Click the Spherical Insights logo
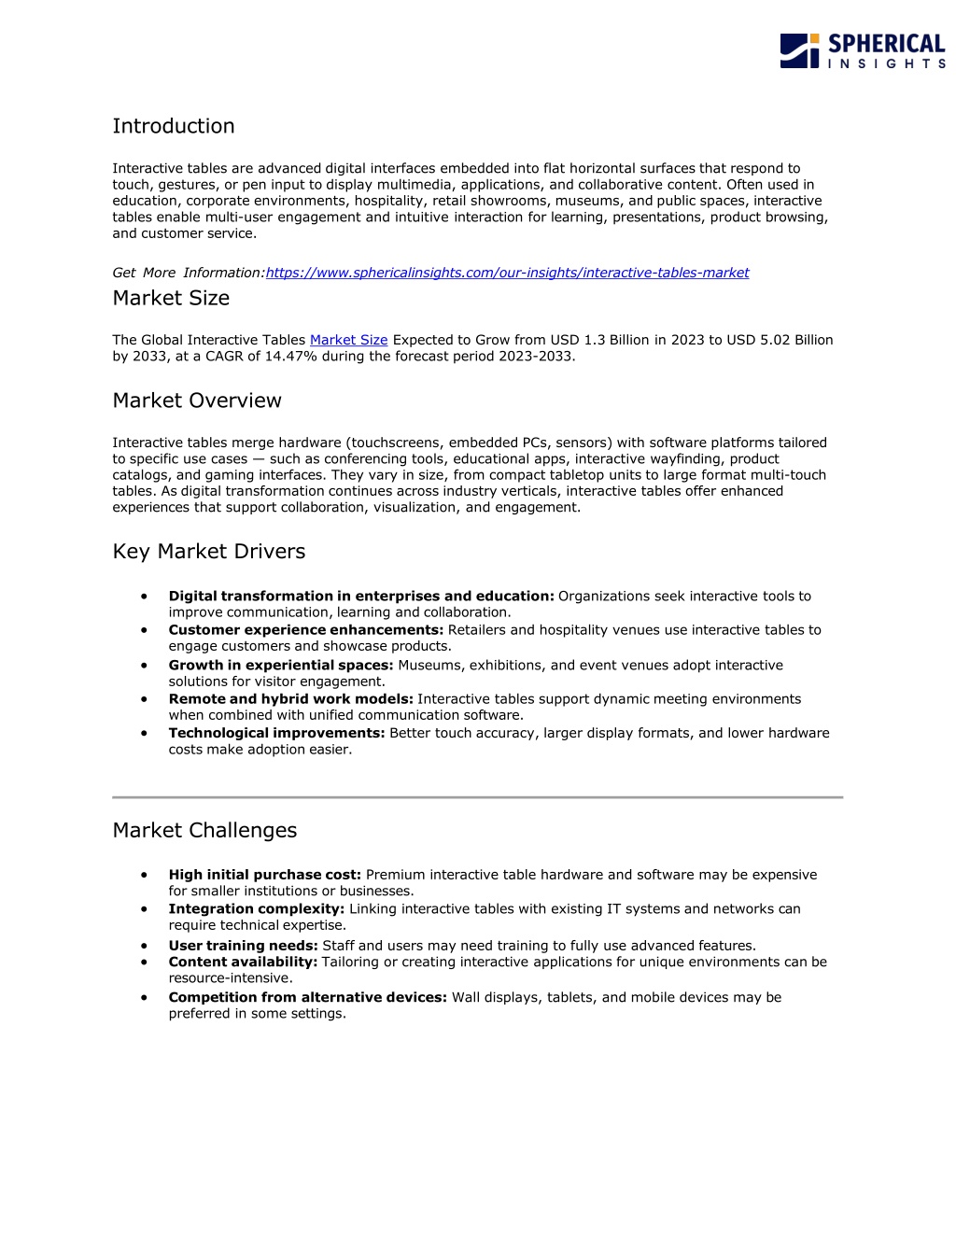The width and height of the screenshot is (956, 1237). point(862,50)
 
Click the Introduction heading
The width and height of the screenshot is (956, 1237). point(174,126)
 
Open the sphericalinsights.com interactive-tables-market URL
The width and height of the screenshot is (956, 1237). point(507,273)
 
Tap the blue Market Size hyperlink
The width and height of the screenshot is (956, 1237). point(348,340)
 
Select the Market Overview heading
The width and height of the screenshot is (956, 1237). point(197,401)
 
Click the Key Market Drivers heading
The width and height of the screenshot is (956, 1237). point(209,552)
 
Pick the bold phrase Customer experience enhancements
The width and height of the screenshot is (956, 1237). point(306,630)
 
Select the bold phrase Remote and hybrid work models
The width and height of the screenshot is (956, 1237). point(290,699)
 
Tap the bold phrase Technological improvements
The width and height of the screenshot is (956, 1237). point(276,733)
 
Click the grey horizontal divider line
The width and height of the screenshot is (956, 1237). point(477,797)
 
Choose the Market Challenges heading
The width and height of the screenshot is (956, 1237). point(204,831)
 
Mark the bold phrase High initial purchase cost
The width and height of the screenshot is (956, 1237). point(264,875)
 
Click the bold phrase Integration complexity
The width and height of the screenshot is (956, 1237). point(257,909)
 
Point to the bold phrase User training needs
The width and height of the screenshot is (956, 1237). point(243,946)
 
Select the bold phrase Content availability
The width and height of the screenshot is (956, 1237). point(243,962)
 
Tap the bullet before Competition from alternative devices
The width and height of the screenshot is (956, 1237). point(145,997)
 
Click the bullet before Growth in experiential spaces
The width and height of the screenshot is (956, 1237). point(145,665)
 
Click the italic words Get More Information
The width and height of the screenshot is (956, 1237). point(188,273)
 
